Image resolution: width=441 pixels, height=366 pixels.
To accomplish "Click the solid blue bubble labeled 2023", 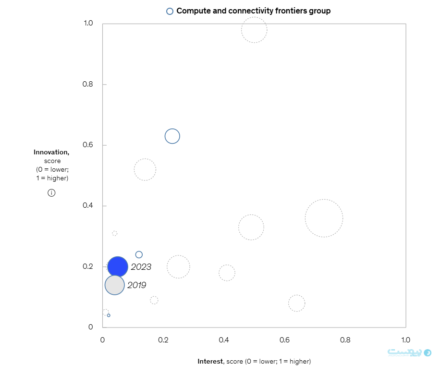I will tap(118, 266).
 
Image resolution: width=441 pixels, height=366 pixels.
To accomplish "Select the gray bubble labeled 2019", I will tap(115, 285).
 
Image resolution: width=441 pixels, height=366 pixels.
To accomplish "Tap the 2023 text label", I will tap(141, 267).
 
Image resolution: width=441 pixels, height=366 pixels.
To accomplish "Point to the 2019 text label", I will tap(137, 285).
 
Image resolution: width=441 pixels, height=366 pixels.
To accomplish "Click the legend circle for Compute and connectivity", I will tap(170, 11).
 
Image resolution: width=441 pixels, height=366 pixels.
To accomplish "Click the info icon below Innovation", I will tap(51, 193).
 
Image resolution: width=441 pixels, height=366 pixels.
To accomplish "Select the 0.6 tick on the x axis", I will tap(284, 340).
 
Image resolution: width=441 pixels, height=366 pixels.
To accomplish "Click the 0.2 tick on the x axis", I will tap(163, 340).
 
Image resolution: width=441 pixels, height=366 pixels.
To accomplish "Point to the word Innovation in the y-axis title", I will tap(51, 152).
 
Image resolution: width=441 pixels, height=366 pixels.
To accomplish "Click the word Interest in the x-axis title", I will tap(210, 361).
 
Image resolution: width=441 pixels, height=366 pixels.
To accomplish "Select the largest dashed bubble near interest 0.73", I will tap(324, 218).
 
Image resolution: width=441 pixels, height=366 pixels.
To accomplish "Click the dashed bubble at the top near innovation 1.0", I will tap(254, 30).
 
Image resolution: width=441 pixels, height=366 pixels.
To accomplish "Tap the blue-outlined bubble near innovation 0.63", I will tap(172, 136).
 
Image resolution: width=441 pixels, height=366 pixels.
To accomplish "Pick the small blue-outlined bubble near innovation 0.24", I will tap(139, 254).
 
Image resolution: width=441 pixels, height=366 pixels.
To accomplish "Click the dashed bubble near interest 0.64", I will tap(296, 303).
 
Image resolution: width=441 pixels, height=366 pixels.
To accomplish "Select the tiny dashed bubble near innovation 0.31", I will tap(114, 233).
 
